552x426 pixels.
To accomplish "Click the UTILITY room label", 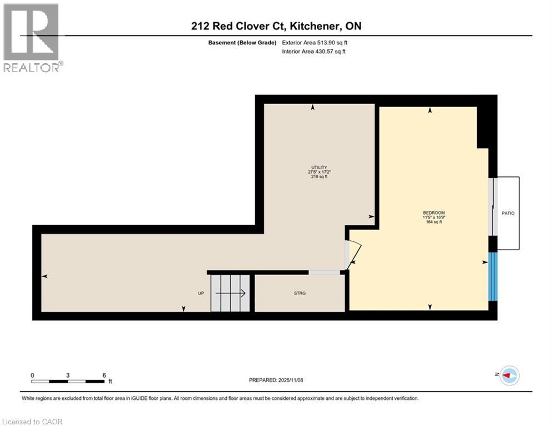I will coord(318,168).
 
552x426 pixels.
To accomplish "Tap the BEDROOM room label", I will coord(434,213).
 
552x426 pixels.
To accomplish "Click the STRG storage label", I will coord(300,293).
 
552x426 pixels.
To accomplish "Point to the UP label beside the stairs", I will coord(201,293).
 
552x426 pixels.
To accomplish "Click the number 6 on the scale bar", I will coord(104,376).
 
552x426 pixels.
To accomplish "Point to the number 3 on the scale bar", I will coord(68,376).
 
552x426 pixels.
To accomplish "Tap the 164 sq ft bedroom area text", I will coord(434,222).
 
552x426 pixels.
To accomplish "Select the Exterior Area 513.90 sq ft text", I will coord(314,43).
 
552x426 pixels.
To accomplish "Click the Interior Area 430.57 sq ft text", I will coord(314,52).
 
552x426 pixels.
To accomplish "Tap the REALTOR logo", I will coord(32,37).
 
